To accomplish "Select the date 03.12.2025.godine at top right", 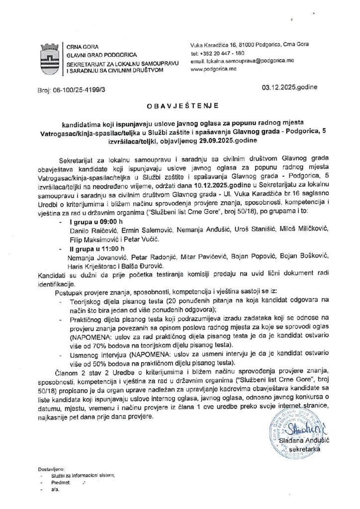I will click(x=289, y=88).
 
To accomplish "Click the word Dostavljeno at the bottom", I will click(x=51, y=469).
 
